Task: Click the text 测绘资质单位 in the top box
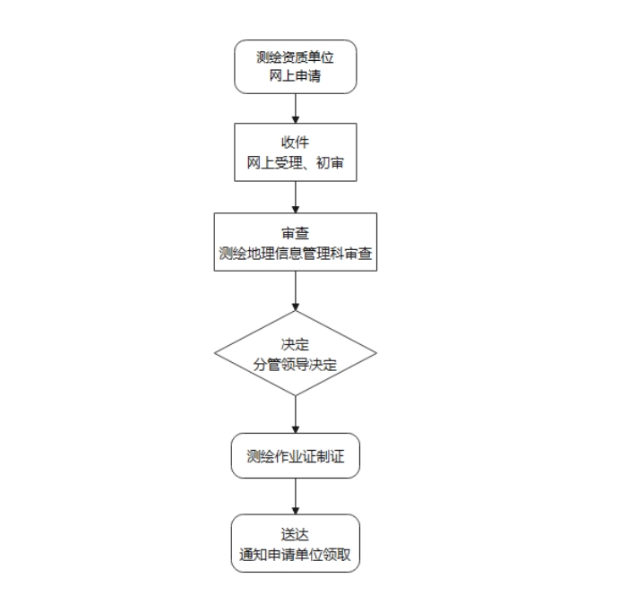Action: [x=295, y=57]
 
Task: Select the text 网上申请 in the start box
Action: [x=295, y=75]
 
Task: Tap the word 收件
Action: [x=295, y=143]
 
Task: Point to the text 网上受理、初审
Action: [x=295, y=162]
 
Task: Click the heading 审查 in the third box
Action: [x=295, y=233]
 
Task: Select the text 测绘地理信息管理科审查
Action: [x=296, y=253]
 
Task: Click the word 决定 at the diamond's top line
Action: [x=295, y=344]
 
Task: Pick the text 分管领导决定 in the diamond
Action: [x=295, y=364]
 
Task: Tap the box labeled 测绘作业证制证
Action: [x=296, y=456]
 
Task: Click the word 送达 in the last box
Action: [x=295, y=535]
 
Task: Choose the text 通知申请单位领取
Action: [x=295, y=555]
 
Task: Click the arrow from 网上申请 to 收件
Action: [x=296, y=108]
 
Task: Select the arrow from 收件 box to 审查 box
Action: [x=296, y=197]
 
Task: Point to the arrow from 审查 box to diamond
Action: [x=296, y=290]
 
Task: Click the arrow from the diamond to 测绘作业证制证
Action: [x=296, y=414]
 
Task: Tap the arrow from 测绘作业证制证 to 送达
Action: [x=296, y=497]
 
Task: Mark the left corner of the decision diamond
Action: [x=215, y=353]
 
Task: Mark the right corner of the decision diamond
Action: [x=376, y=353]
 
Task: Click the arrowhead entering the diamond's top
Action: [x=296, y=307]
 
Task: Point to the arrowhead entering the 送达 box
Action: [x=296, y=511]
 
